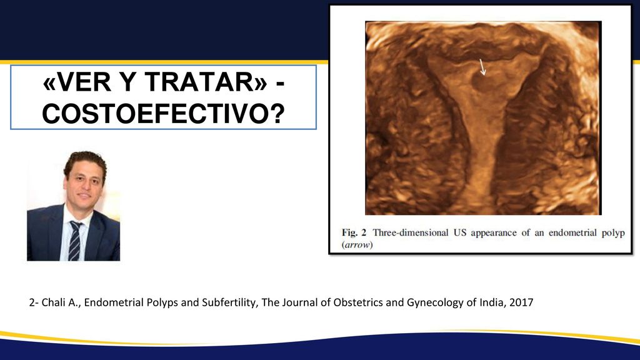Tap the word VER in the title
(x=83, y=82)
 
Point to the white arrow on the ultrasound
(x=482, y=67)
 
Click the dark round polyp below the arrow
(x=482, y=84)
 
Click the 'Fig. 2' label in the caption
(x=354, y=232)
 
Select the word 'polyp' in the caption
(x=613, y=234)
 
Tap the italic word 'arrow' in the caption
(x=357, y=245)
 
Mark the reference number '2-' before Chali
(x=34, y=302)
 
